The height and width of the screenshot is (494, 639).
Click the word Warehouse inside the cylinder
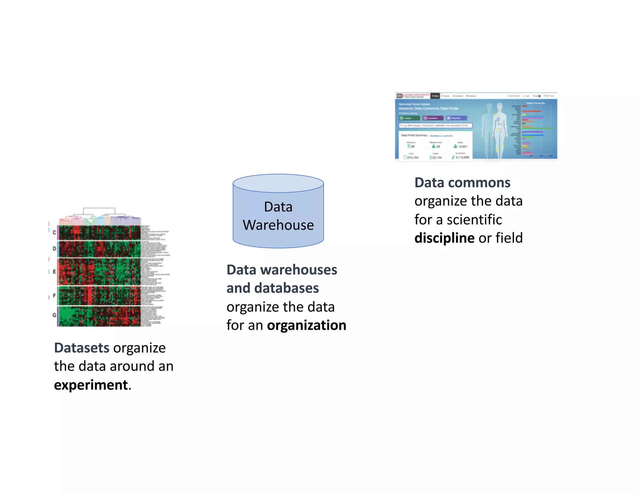[x=278, y=225]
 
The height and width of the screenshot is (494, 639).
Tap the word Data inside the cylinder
[x=278, y=207]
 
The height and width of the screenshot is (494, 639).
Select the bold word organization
[x=306, y=325]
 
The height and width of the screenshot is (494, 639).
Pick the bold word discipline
[x=444, y=238]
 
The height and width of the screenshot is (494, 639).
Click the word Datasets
[x=82, y=348]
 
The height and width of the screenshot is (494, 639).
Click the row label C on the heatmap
[x=54, y=232]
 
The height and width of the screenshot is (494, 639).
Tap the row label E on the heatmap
[x=54, y=272]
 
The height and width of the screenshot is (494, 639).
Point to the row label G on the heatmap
[x=54, y=315]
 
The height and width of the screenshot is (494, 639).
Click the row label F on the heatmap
[x=54, y=295]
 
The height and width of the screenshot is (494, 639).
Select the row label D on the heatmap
[x=54, y=249]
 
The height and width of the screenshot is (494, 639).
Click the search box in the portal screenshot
[x=436, y=126]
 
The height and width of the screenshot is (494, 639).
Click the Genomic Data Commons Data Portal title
[x=428, y=108]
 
